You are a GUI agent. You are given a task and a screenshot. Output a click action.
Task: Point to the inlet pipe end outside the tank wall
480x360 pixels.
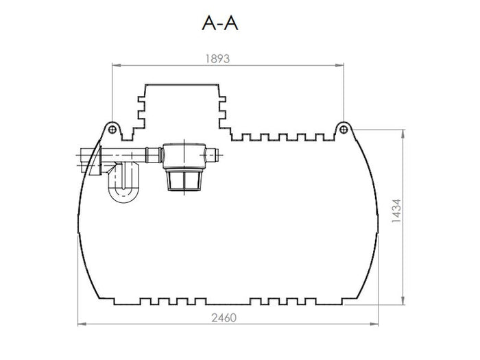[83, 159]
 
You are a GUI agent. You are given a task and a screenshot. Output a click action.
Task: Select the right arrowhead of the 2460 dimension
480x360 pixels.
[376, 323]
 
